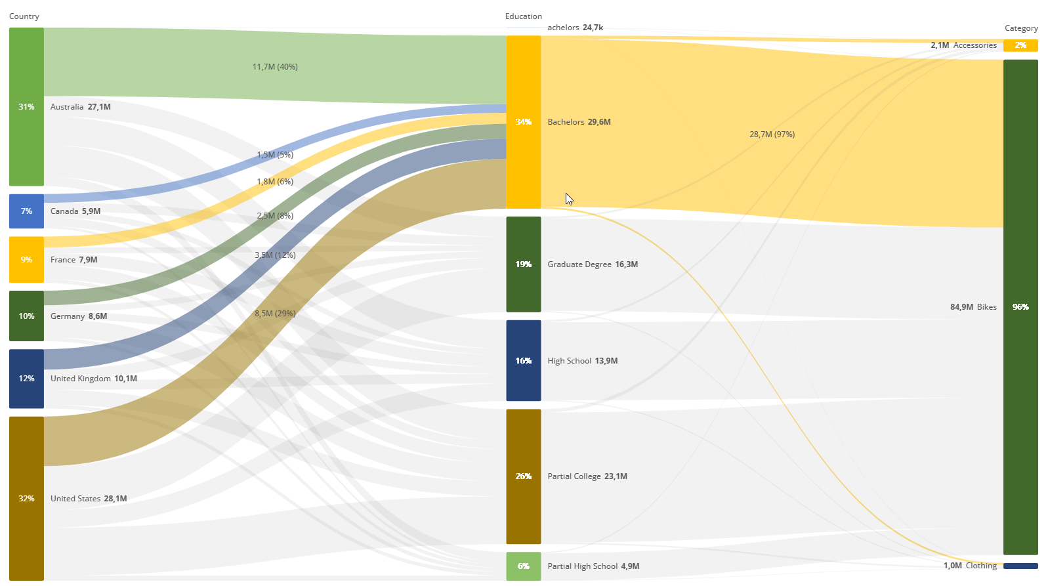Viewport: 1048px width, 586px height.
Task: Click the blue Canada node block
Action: tap(26, 211)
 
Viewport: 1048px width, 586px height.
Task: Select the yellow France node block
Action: tap(26, 260)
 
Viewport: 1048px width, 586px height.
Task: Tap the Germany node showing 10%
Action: tap(26, 316)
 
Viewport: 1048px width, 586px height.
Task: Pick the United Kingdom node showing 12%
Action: tap(26, 379)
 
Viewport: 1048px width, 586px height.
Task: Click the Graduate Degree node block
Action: tap(523, 264)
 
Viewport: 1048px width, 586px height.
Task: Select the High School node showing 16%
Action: tap(523, 361)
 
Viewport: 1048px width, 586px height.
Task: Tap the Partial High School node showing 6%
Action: tap(523, 566)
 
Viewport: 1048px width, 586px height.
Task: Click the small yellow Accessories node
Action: tap(1020, 45)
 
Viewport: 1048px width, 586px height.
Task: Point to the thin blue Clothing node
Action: tap(1020, 566)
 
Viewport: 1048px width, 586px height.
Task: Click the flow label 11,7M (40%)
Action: tap(275, 67)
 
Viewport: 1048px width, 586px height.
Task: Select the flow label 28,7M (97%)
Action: tap(772, 135)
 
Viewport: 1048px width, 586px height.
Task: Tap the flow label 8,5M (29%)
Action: tap(275, 314)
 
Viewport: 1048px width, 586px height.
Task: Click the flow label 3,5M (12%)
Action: tap(275, 255)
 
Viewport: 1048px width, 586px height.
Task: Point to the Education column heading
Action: tap(523, 16)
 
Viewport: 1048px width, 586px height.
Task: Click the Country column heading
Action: tap(24, 16)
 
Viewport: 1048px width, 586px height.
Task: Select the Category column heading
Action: tap(1021, 28)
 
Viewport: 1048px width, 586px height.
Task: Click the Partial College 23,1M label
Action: tap(587, 476)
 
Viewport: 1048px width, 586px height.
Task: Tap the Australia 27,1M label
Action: tap(80, 107)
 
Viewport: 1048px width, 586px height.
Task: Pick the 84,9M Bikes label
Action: tap(973, 307)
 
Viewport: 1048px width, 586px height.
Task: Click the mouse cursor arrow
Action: tap(568, 198)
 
